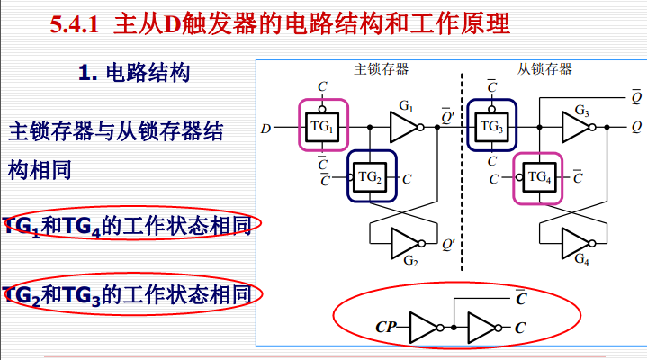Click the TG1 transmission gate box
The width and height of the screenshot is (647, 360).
pos(323,127)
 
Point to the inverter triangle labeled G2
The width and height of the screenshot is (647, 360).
pos(408,241)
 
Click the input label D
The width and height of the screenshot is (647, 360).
pos(265,128)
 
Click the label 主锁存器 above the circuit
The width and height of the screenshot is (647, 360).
pos(382,70)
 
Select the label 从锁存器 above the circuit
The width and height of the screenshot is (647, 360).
pos(544,70)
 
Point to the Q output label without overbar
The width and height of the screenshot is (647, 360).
pos(636,128)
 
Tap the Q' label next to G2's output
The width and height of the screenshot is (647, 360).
pos(447,241)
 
